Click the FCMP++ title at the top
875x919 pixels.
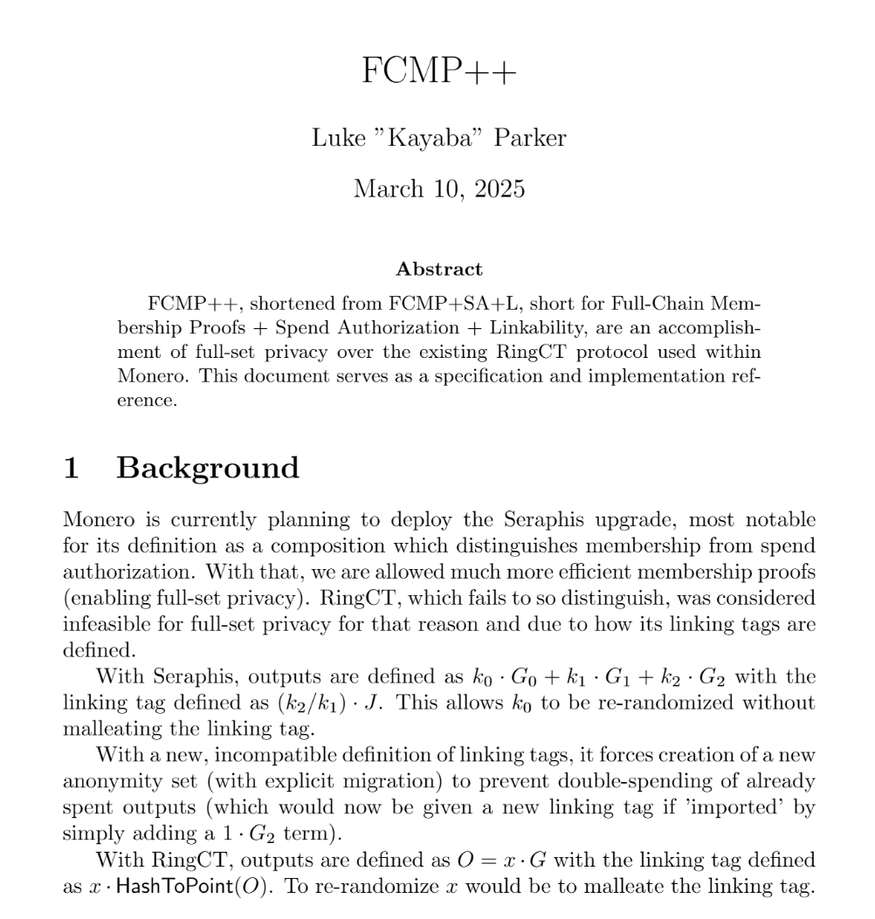pos(438,71)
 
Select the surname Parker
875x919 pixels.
pos(530,138)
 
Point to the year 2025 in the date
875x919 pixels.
pos(500,189)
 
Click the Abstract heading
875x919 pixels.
pos(438,269)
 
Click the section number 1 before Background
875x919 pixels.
pos(72,468)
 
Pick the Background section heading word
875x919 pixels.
pos(208,468)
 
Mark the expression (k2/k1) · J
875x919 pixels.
pos(335,703)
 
